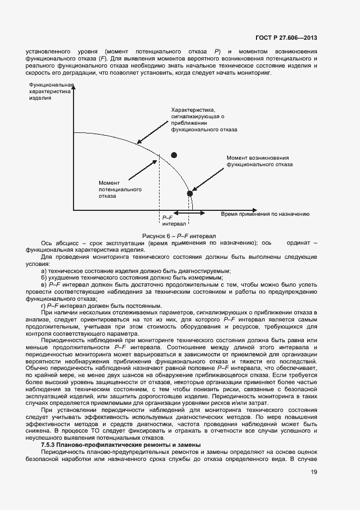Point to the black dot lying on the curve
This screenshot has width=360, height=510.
point(190,193)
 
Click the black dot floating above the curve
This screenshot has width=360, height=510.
point(174,155)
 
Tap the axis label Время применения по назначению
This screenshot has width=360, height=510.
point(265,214)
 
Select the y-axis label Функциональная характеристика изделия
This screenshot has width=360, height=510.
point(50,93)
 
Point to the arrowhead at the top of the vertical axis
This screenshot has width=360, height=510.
point(72,86)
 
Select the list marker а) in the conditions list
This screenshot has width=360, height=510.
point(44,271)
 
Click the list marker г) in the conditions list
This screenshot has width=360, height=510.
point(44,305)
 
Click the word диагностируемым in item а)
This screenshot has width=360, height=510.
point(208,271)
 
